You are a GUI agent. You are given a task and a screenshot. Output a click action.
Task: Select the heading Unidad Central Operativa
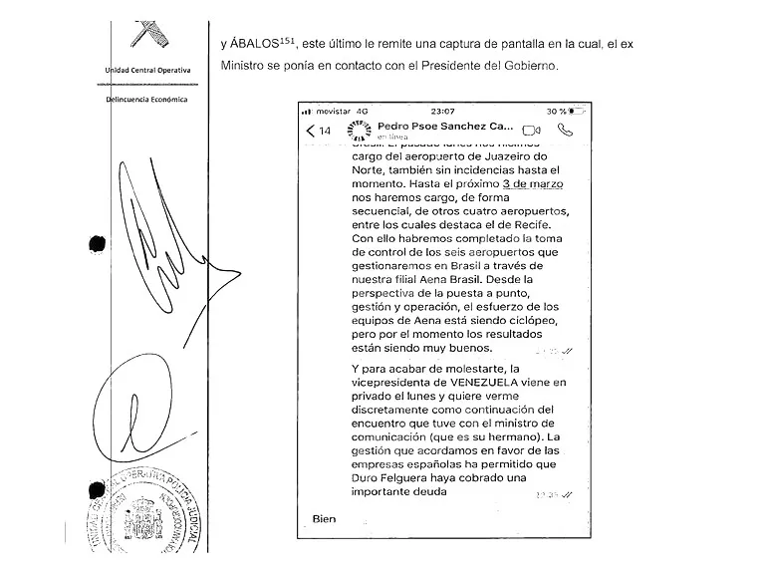[147, 70]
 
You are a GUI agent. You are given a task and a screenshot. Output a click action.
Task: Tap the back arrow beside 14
[311, 131]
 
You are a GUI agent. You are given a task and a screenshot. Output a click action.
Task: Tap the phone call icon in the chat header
[566, 130]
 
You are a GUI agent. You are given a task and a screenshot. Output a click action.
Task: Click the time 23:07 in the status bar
[442, 111]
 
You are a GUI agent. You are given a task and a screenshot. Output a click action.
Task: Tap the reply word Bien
[325, 519]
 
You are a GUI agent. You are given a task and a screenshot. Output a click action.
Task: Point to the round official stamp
[154, 513]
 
